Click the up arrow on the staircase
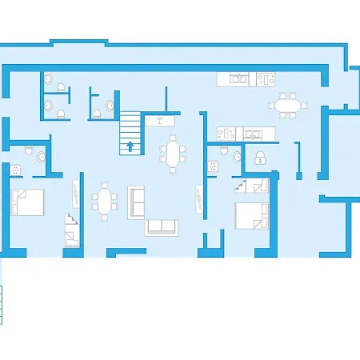(x=130, y=146)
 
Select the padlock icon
(x=259, y=160)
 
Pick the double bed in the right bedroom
(x=251, y=214)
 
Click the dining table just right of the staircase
(x=174, y=151)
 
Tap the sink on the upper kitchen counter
(x=238, y=78)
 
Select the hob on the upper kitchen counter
(x=266, y=78)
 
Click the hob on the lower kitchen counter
(x=226, y=134)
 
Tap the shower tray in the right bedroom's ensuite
(x=213, y=166)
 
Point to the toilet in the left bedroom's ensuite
(x=30, y=151)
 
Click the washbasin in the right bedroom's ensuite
(x=237, y=158)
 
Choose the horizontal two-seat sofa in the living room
(x=161, y=226)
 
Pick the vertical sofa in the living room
(x=136, y=201)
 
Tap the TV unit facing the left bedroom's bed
(x=75, y=192)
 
